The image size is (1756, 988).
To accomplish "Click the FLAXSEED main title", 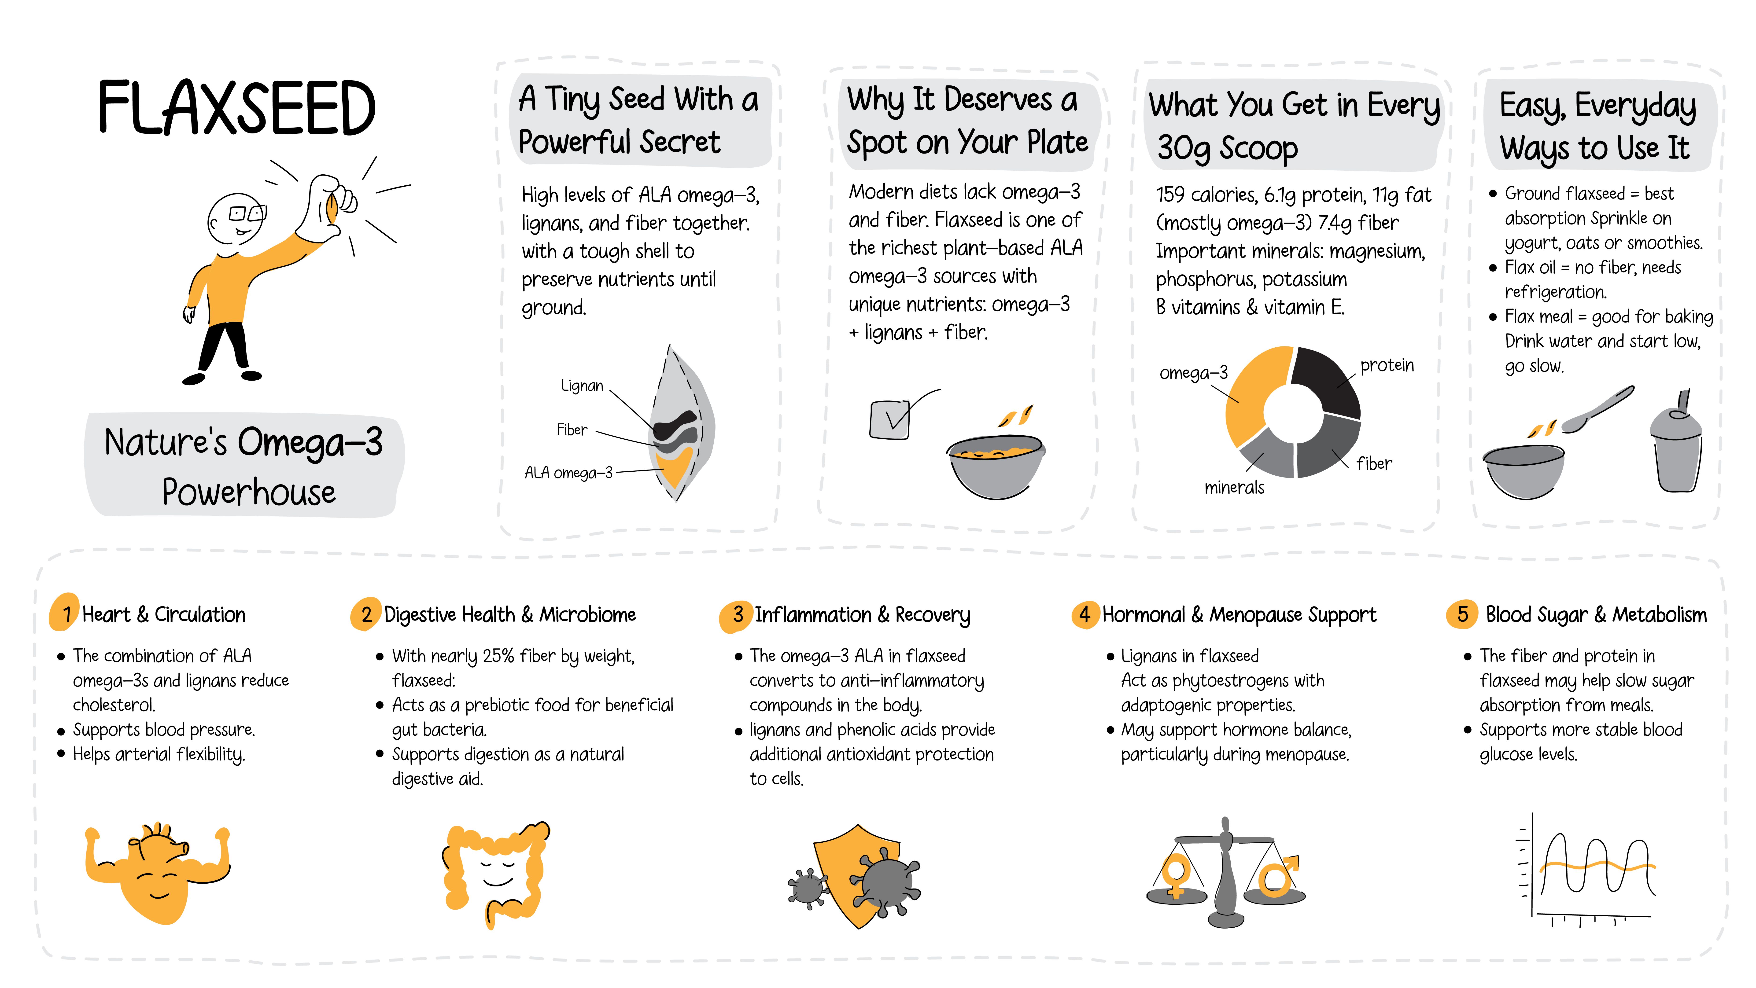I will [x=236, y=108].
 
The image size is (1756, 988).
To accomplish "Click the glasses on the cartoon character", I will [x=247, y=213].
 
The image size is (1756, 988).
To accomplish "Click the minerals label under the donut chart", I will [x=1234, y=488].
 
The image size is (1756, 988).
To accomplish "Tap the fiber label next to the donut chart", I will [x=1374, y=464].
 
